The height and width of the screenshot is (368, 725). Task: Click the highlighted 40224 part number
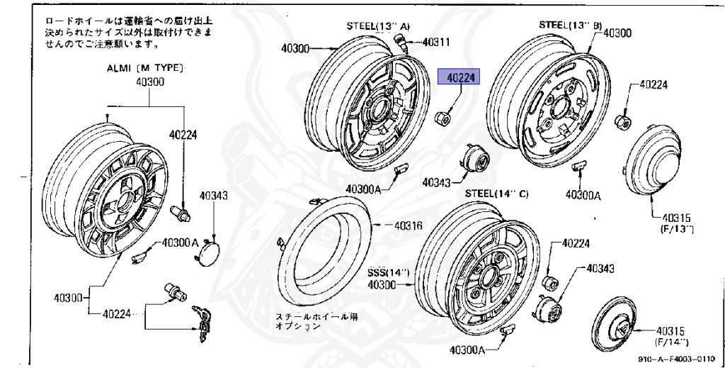tap(459, 77)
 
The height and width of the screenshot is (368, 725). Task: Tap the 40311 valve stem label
tap(436, 42)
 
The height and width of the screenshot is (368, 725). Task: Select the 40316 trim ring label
tap(408, 225)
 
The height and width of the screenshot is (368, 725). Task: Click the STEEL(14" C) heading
tap(496, 194)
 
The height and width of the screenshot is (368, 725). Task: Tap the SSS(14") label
tap(388, 272)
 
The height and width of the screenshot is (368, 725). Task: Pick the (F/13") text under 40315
tap(677, 230)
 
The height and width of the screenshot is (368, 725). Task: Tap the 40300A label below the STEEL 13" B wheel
tap(583, 194)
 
